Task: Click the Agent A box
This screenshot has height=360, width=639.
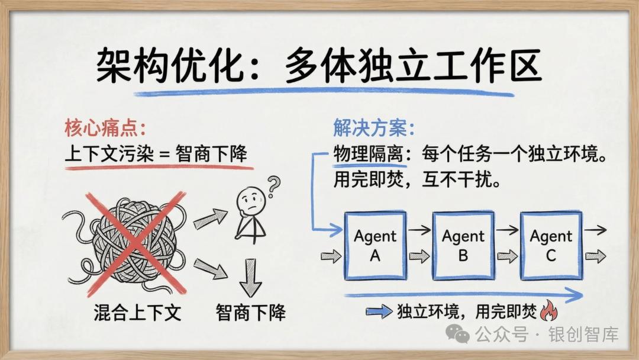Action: point(375,245)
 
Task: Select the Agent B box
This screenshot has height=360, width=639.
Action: point(463,245)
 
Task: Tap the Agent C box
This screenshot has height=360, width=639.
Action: point(551,245)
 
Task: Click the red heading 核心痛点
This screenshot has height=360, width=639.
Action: point(104,128)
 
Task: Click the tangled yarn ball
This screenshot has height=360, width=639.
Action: point(135,243)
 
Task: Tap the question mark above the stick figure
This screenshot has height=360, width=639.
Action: point(273,185)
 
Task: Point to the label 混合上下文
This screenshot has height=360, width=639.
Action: point(137,312)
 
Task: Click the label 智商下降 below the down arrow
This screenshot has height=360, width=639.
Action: point(250,312)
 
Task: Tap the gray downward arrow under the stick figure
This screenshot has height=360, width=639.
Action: point(251,277)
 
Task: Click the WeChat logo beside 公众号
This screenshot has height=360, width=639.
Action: point(457,334)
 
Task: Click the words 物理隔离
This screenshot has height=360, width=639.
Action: point(369,155)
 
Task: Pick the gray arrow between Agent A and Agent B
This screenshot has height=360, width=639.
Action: point(419,256)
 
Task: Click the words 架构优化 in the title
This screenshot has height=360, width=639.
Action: point(172,66)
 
